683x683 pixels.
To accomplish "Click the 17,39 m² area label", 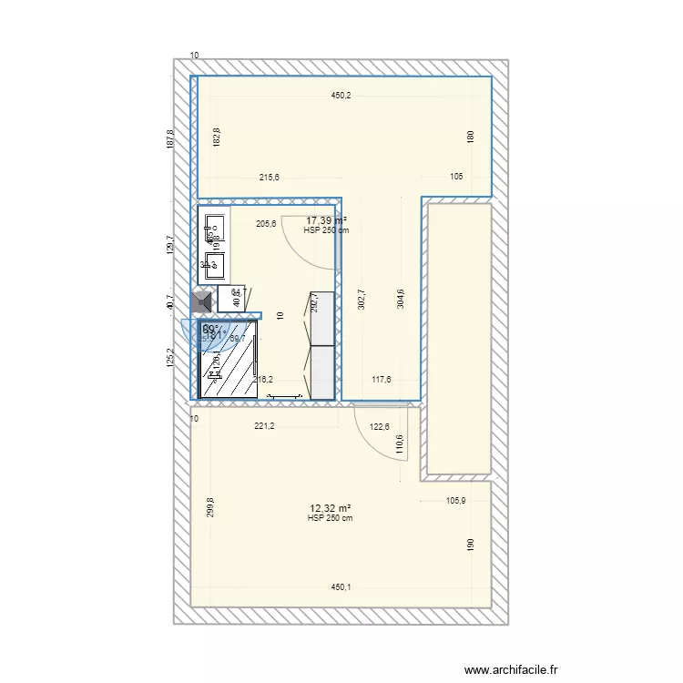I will (x=326, y=220).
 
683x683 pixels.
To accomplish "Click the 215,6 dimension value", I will (x=270, y=178).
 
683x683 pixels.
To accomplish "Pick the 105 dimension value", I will (x=457, y=178).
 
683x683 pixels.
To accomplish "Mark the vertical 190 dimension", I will (x=471, y=544).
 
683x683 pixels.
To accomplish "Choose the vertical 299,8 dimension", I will (x=210, y=508).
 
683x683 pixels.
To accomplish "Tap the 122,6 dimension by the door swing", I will (x=380, y=425).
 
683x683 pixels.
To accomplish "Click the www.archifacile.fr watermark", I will (x=510, y=670).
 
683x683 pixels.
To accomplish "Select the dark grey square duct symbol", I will (x=202, y=300).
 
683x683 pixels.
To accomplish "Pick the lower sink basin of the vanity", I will (x=216, y=266).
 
